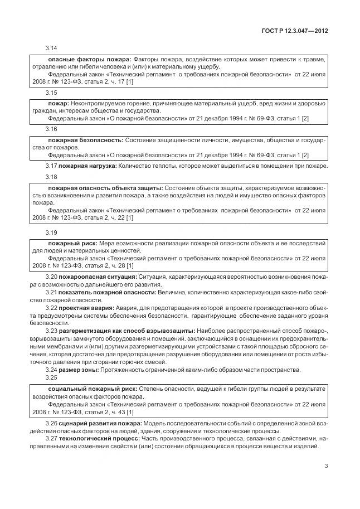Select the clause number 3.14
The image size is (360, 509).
(x=51, y=49)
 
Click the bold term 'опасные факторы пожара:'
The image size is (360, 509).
(x=82, y=59)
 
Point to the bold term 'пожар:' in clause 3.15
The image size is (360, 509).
(x=59, y=104)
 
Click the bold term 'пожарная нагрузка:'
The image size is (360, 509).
(x=88, y=166)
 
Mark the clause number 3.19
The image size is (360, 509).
(x=51, y=232)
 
